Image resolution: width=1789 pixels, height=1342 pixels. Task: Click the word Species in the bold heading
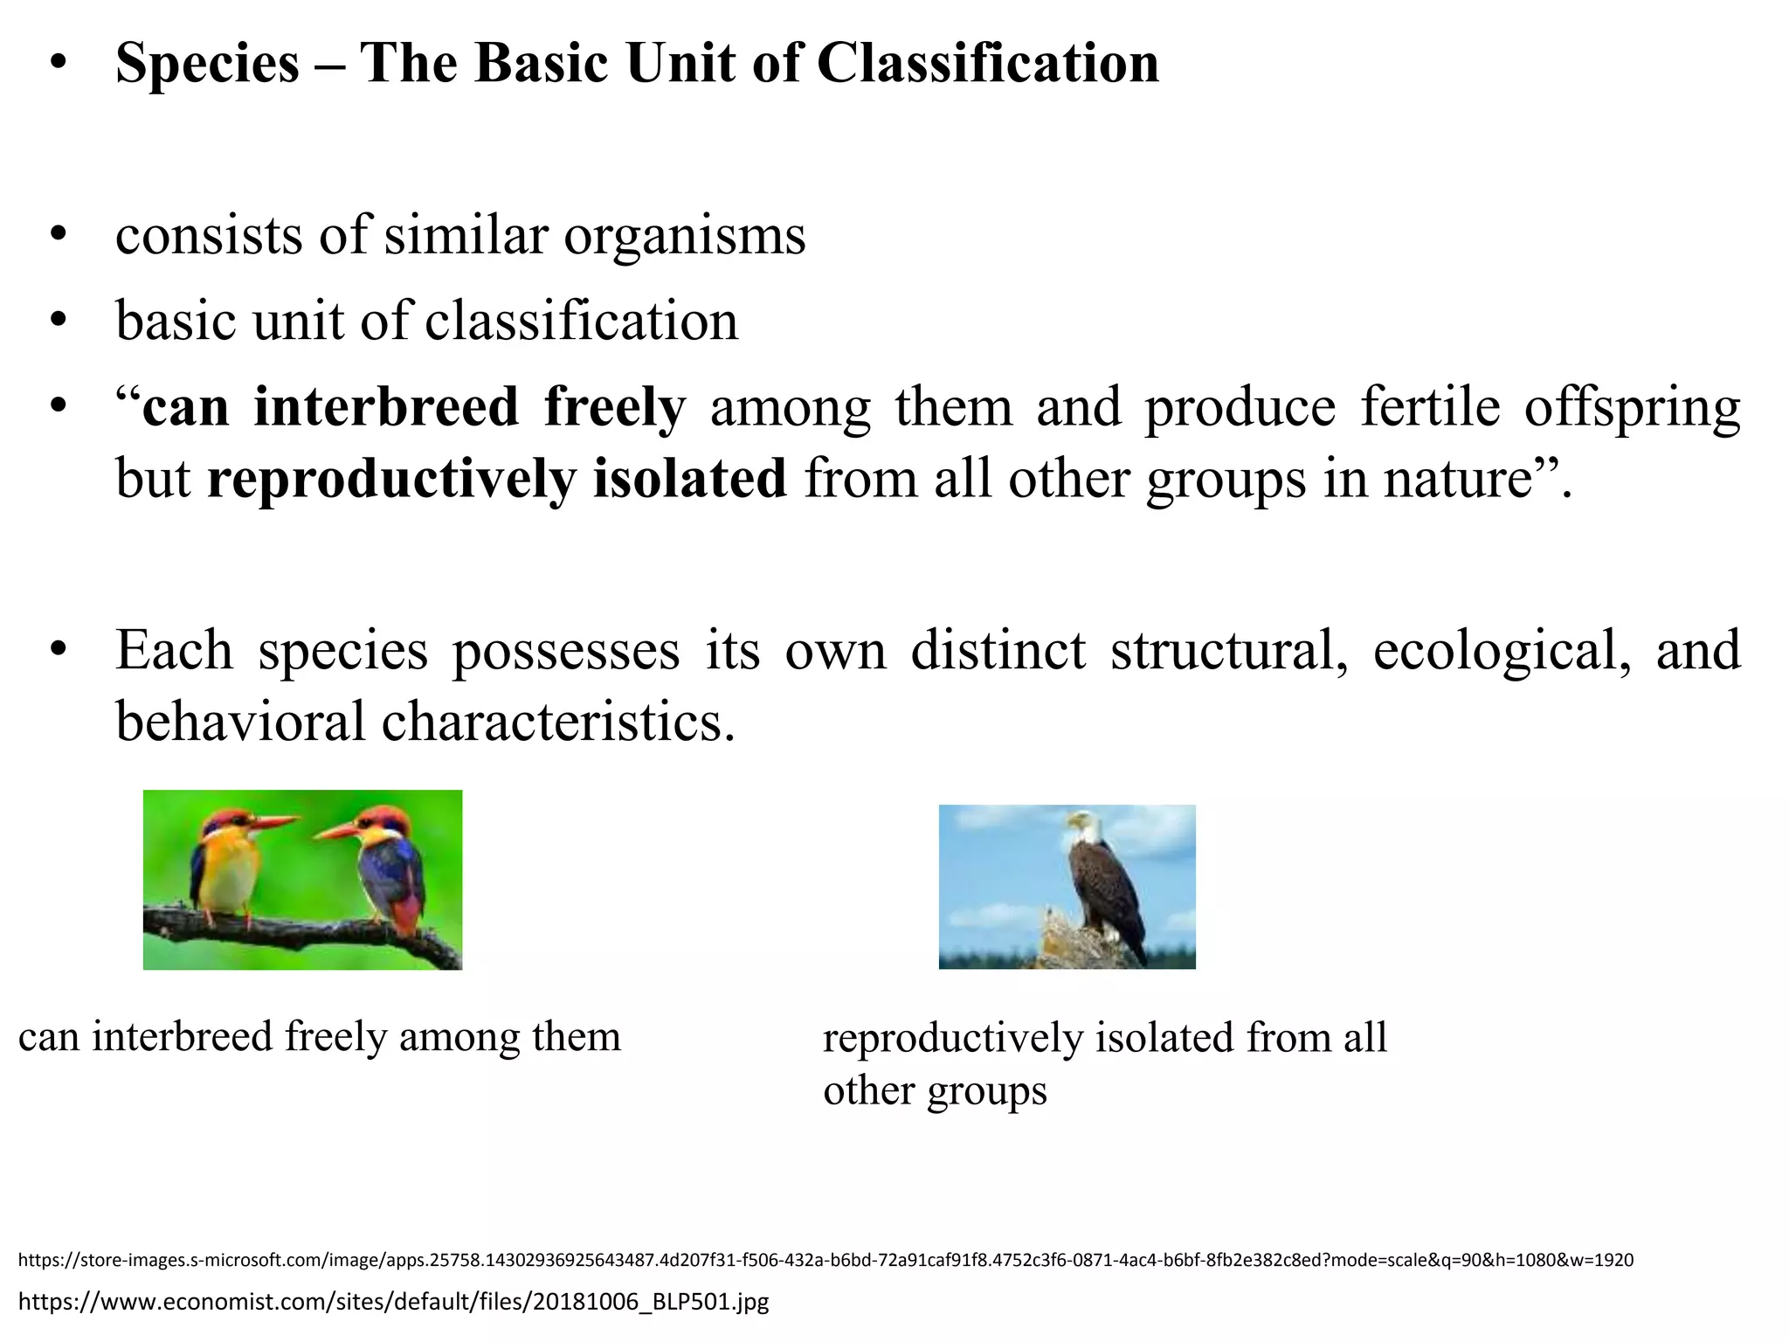[x=207, y=65]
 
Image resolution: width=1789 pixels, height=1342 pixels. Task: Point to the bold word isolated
[x=689, y=480]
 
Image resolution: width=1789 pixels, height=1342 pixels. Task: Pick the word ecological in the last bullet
[x=1502, y=651]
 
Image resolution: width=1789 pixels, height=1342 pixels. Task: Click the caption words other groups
[x=935, y=1091]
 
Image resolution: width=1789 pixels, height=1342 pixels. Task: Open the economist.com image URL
[x=393, y=1302]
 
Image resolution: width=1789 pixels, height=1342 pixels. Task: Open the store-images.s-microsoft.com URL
[x=825, y=1260]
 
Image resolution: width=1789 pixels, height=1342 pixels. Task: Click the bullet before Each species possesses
[x=59, y=651]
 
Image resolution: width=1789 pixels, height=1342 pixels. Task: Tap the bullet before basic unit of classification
[x=59, y=322]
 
